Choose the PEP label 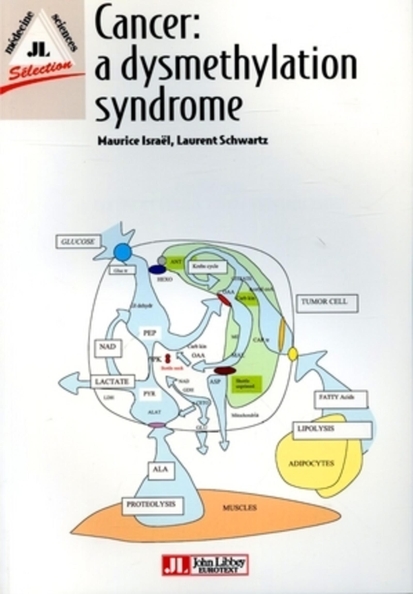pos(150,333)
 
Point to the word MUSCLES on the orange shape pos(240,508)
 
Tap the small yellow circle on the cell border pos(293,354)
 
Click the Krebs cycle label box pos(208,266)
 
